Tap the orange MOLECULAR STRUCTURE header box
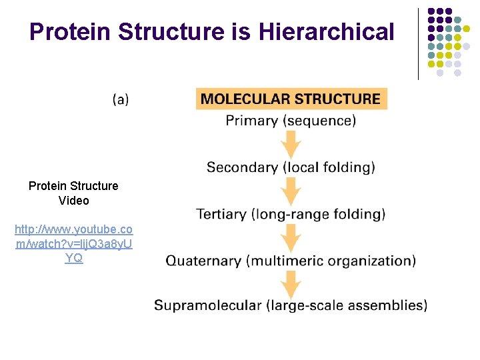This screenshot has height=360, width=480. [x=291, y=99]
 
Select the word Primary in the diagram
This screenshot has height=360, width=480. [x=251, y=121]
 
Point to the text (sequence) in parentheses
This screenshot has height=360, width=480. [x=319, y=121]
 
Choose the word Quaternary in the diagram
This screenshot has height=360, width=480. [x=204, y=261]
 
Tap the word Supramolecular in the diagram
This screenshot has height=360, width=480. [x=207, y=305]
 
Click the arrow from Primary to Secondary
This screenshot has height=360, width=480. [x=291, y=144]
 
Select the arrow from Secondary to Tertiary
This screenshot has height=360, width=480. [x=291, y=191]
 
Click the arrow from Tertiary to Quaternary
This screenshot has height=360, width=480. [x=291, y=237]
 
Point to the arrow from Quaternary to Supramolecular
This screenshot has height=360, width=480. [x=291, y=283]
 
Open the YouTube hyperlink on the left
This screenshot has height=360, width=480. [x=74, y=243]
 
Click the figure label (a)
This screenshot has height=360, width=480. [x=121, y=99]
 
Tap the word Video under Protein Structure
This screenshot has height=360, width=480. [x=73, y=200]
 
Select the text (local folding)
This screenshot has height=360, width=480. [x=329, y=167]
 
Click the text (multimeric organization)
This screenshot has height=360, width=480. [x=331, y=261]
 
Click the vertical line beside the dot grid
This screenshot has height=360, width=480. [x=418, y=43]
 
